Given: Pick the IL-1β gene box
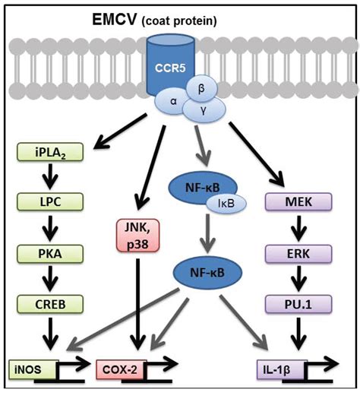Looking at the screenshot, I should click(x=279, y=370).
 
